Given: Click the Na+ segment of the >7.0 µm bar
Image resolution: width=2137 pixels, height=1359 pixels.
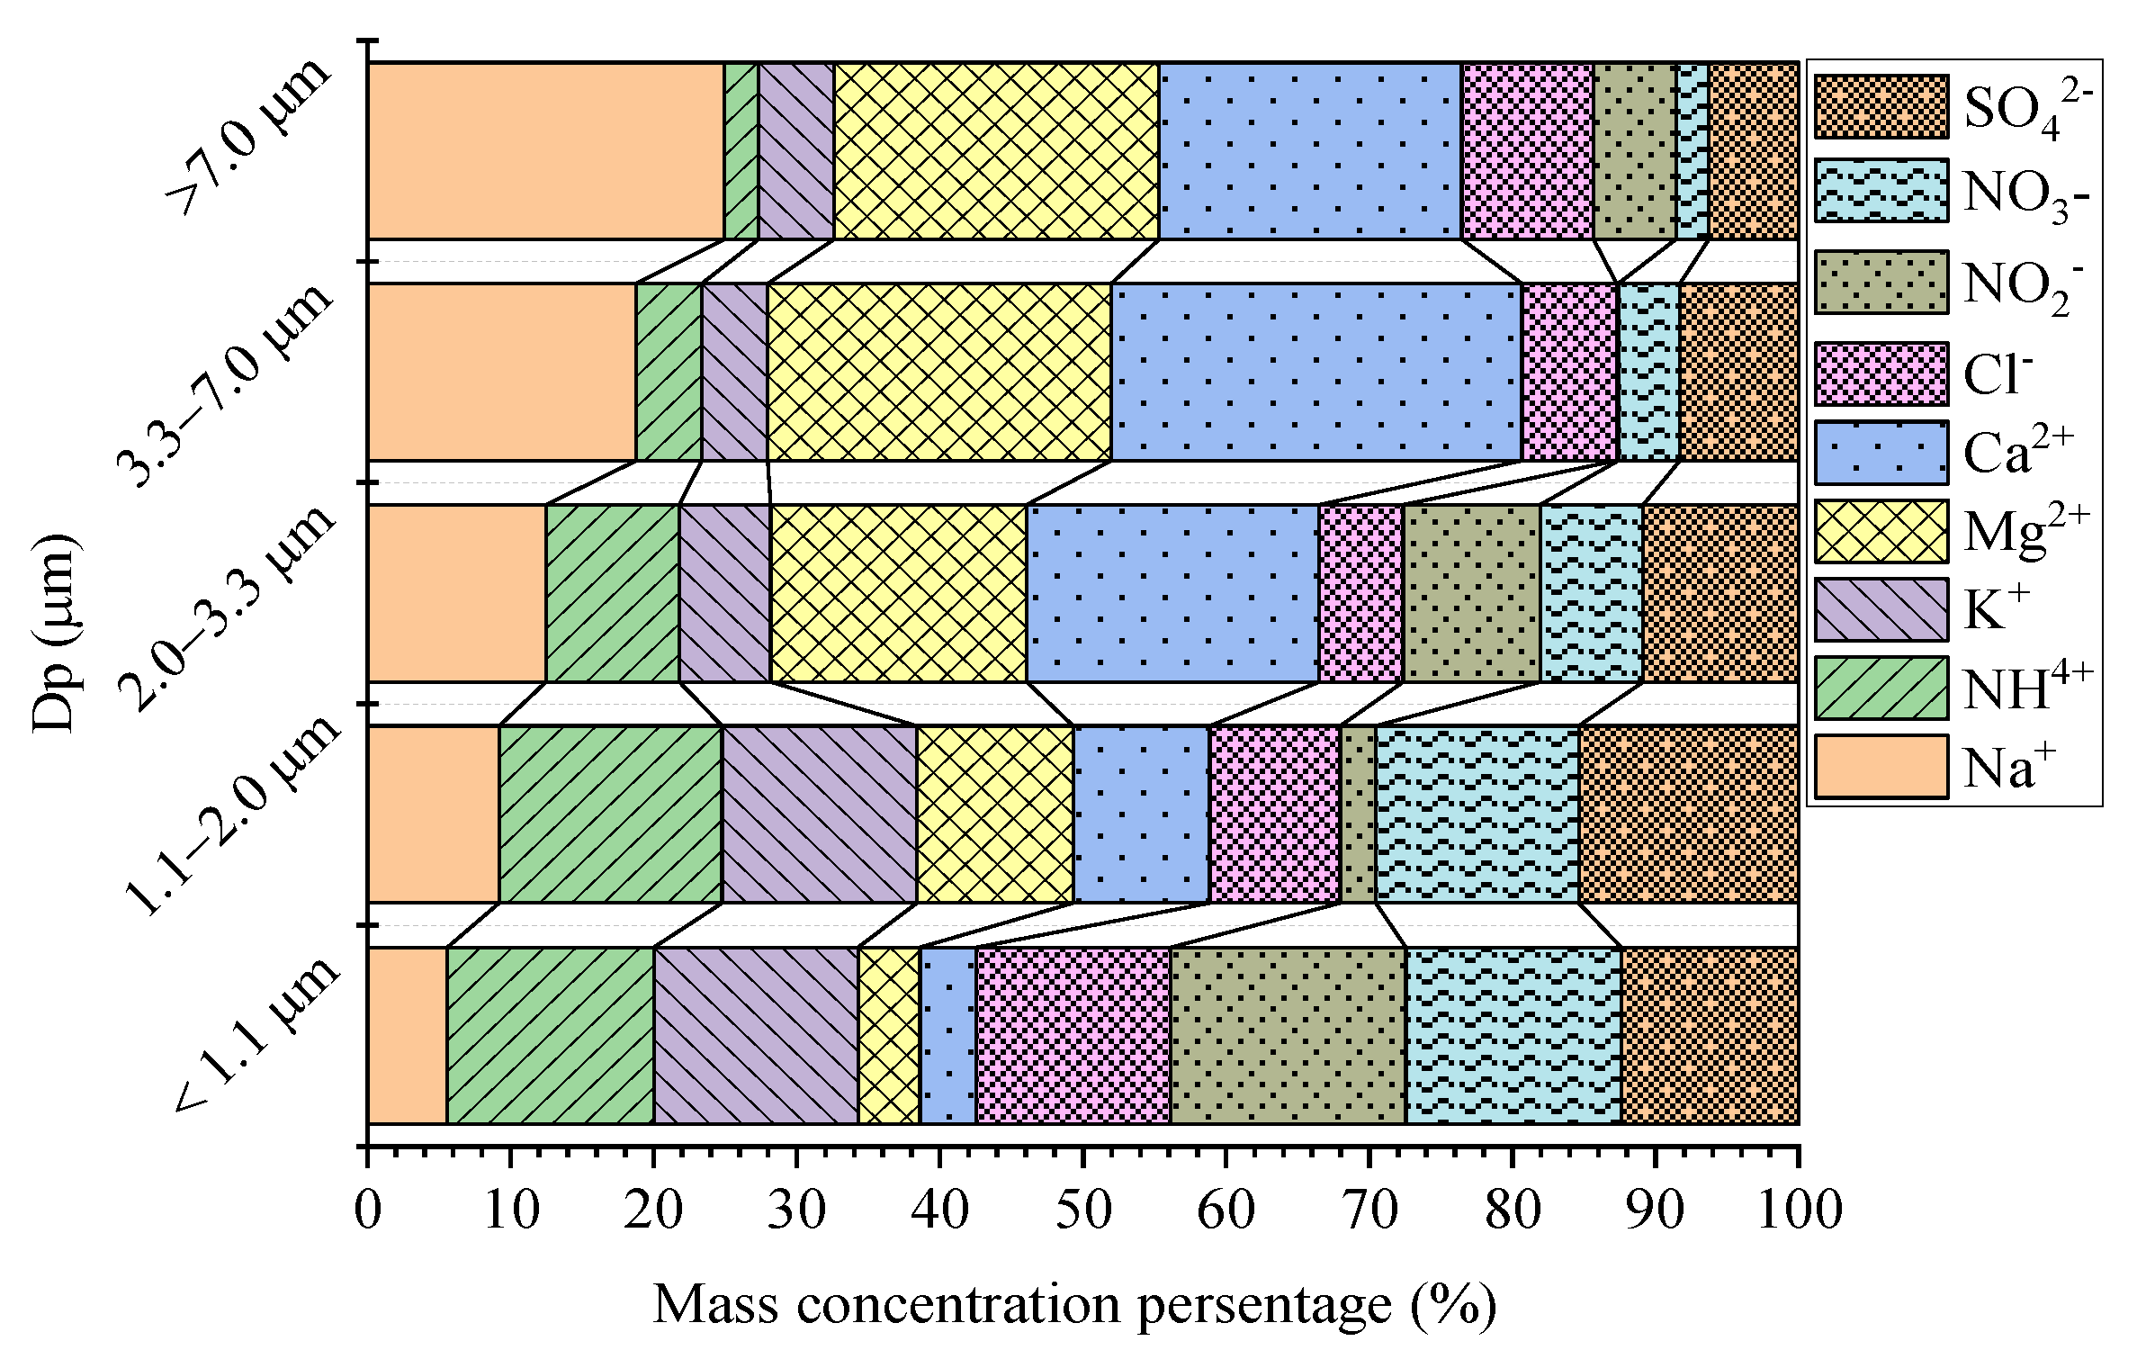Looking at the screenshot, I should click(x=545, y=151).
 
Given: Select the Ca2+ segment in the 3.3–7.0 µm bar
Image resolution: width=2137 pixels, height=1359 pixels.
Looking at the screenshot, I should click(x=1316, y=372).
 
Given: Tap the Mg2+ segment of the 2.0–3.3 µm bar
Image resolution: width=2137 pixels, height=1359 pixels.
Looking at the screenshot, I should click(x=898, y=593).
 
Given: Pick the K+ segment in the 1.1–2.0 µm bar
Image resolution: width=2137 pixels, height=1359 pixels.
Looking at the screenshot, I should click(x=819, y=814).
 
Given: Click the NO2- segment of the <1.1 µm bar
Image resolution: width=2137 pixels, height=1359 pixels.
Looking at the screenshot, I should click(x=1288, y=1035).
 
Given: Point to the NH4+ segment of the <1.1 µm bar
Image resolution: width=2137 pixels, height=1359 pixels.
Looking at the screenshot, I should click(x=550, y=1035).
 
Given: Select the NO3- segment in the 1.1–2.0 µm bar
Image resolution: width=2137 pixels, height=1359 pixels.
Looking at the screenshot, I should click(x=1477, y=814).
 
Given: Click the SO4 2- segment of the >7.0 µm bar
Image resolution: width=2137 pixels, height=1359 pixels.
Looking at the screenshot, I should click(x=1753, y=151).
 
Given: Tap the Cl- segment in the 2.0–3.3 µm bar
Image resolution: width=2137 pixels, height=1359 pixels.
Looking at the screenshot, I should click(x=1360, y=593).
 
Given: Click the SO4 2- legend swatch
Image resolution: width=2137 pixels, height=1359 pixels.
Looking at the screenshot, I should click(x=1881, y=107).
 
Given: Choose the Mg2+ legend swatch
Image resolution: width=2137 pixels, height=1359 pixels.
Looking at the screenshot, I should click(x=1881, y=531).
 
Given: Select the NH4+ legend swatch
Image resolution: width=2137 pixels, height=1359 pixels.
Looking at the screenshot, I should click(x=1881, y=688).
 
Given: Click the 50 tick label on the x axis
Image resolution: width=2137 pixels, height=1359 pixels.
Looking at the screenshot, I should click(x=1082, y=1210).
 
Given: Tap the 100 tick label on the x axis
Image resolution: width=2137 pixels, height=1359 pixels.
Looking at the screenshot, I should click(x=1798, y=1210).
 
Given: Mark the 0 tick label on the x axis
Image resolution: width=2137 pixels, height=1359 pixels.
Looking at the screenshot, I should click(x=368, y=1210).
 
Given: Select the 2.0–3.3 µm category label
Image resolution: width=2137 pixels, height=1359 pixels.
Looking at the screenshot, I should click(x=229, y=607).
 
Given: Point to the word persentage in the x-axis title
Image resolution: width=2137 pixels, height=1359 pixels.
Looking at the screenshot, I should click(x=1264, y=1305).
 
